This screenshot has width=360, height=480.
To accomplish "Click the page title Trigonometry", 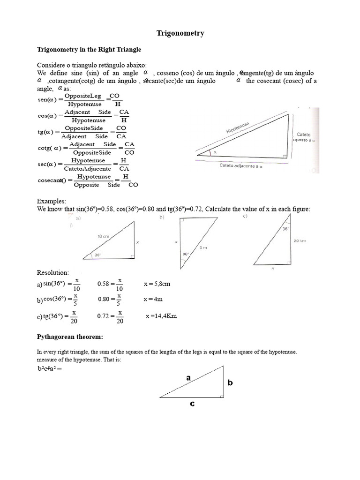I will [180, 33].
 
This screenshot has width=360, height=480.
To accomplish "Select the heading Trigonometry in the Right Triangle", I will [89, 49].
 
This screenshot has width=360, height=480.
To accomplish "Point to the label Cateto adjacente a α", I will [242, 165].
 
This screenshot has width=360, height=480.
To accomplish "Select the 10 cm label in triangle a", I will [103, 237].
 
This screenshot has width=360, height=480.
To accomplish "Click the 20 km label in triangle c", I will [300, 240].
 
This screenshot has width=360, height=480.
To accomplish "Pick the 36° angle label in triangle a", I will [98, 255].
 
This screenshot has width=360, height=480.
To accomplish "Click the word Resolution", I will [53, 272].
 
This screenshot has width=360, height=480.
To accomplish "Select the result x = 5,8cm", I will [157, 284].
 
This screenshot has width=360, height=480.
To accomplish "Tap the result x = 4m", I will [152, 299].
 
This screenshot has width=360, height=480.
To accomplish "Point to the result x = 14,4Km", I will [161, 316].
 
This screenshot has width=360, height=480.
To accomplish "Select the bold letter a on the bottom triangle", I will [189, 377].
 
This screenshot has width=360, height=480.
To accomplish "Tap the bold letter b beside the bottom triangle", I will [230, 383].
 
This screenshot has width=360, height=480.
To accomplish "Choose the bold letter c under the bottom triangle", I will [192, 403].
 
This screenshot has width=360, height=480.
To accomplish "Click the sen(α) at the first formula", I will [47, 100].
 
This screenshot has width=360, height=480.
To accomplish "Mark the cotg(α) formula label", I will [50, 149].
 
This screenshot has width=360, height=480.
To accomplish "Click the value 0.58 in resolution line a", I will [103, 284].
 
